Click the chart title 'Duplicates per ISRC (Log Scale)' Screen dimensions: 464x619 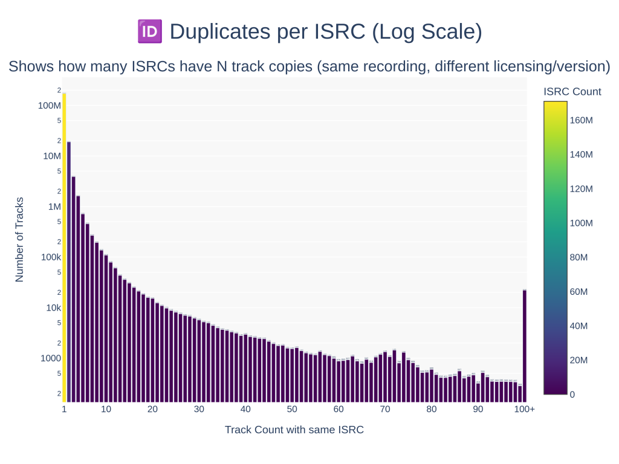click(326, 31)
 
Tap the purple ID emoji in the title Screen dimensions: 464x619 click(150, 31)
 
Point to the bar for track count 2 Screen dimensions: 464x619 click(69, 272)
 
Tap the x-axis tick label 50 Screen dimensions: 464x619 click(292, 410)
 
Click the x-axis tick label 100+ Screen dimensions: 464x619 click(524, 410)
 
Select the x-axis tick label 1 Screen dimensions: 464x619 click(64, 410)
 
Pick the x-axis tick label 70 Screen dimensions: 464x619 click(385, 410)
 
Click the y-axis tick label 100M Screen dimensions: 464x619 click(50, 106)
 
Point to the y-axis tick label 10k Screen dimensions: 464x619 click(53, 308)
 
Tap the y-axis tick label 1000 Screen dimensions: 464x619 click(51, 358)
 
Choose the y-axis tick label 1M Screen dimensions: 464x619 click(54, 207)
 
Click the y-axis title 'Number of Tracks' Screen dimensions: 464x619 click(19, 240)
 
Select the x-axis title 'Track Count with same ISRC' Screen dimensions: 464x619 click(294, 430)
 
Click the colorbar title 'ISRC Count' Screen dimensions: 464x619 click(572, 92)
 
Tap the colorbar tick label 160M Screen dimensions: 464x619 click(581, 120)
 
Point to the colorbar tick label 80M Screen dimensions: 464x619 click(578, 257)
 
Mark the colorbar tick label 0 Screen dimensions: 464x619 click(572, 395)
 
